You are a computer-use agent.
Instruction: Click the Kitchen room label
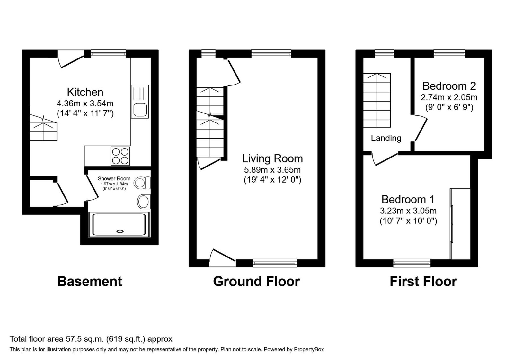point(85,92)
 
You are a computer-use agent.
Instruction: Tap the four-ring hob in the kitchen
point(120,156)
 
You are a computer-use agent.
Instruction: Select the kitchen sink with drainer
point(140,102)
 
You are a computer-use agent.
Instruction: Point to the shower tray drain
point(120,231)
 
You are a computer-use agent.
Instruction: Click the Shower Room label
point(114,178)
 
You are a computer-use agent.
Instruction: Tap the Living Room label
point(272,159)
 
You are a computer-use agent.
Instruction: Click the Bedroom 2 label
point(449,86)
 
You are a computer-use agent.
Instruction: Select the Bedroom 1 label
point(408,199)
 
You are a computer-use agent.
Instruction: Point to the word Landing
point(386,138)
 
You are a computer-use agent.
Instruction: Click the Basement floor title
point(90,281)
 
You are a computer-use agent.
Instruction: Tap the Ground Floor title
point(256,281)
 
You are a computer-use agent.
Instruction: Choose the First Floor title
point(423,281)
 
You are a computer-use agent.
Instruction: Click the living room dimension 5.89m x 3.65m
point(272,170)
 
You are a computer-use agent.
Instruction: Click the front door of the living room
point(222,257)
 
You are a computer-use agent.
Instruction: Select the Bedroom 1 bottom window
point(412,263)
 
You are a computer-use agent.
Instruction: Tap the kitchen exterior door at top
point(71,59)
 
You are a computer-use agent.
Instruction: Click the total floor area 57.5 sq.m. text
point(91,339)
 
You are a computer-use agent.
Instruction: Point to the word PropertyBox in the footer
point(309,349)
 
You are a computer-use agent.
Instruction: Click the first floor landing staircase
point(377,100)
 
